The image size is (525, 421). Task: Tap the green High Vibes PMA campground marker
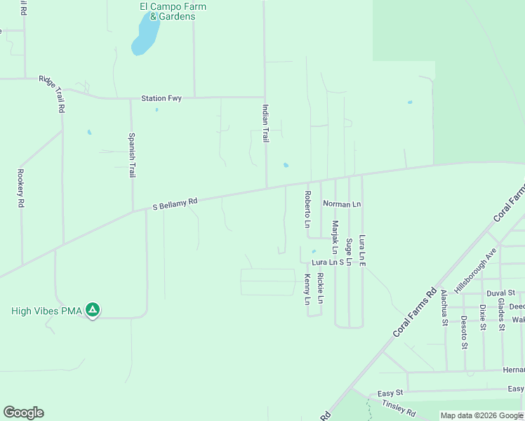[92, 310]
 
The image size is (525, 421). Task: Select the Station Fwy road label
[161, 98]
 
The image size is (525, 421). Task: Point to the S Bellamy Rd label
[175, 203]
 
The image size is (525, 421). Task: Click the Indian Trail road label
[265, 123]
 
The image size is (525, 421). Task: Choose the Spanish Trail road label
[131, 155]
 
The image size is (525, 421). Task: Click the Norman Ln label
[342, 204]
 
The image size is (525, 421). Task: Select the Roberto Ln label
[307, 209]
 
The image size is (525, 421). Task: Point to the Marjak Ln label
[335, 238]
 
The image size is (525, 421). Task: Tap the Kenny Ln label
[307, 290]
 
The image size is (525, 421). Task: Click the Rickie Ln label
[320, 288]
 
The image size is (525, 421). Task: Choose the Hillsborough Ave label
[476, 269]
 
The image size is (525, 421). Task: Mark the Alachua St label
[444, 308]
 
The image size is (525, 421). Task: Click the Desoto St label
[464, 331]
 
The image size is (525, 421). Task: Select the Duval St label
[501, 292]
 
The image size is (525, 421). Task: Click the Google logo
[23, 413]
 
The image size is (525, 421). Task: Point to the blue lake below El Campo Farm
[145, 37]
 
